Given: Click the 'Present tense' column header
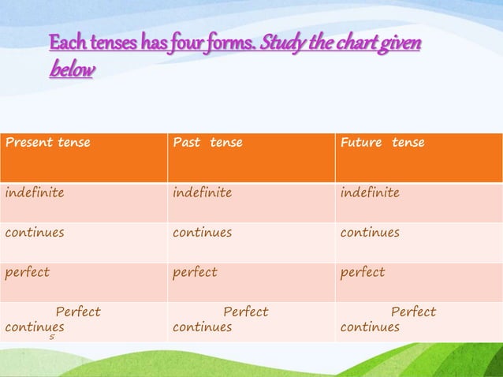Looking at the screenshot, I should (x=48, y=143).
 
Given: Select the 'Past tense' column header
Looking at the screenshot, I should (x=207, y=143).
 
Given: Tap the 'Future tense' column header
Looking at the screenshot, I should (x=382, y=143).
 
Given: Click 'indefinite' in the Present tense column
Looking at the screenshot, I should (x=35, y=193).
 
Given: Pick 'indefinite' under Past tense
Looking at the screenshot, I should (x=203, y=193).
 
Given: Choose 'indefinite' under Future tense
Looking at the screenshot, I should (x=370, y=193).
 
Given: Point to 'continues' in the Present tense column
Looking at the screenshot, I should (x=35, y=233).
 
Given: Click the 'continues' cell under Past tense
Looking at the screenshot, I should (x=203, y=233).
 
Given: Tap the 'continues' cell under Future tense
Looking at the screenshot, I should (x=370, y=233).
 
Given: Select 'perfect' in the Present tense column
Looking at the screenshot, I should (x=28, y=272).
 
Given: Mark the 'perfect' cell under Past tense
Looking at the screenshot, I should (x=195, y=272).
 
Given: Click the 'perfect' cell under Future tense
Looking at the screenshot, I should (x=363, y=272).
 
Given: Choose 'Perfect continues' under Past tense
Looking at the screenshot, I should (x=221, y=319).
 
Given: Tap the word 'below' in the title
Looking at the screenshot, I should (x=72, y=70).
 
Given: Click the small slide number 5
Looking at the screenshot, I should (x=52, y=337).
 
